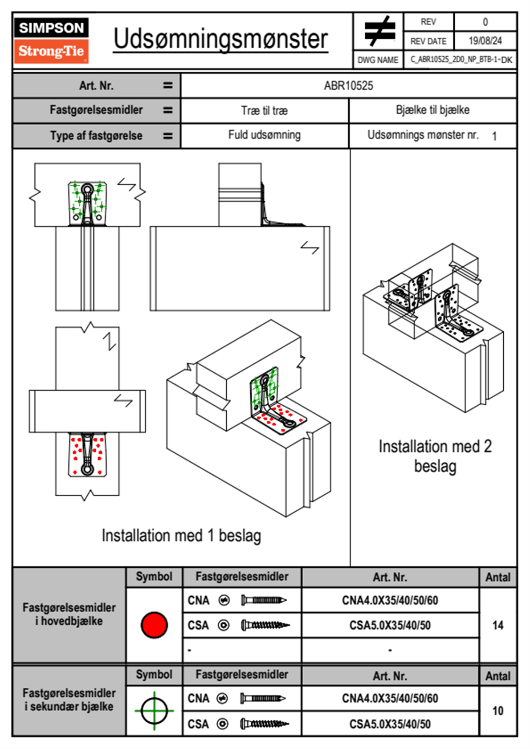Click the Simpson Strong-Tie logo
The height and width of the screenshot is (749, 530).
pyautogui.click(x=51, y=41)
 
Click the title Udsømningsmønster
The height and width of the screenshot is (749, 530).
pyautogui.click(x=220, y=39)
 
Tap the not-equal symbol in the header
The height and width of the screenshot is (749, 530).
pyautogui.click(x=379, y=31)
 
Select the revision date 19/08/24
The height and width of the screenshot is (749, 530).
pyautogui.click(x=485, y=41)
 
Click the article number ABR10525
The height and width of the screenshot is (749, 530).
pyautogui.click(x=348, y=85)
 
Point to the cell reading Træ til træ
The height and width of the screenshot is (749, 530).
pyautogui.click(x=264, y=110)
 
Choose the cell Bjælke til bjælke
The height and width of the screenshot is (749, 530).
pyautogui.click(x=432, y=110)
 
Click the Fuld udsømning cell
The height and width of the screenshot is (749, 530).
pyautogui.click(x=264, y=135)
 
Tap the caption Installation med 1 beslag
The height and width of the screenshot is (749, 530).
pyautogui.click(x=181, y=535)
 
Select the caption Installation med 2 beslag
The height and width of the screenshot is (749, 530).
pyautogui.click(x=435, y=456)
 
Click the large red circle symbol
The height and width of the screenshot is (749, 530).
pyautogui.click(x=154, y=625)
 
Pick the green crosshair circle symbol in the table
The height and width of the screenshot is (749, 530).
pyautogui.click(x=154, y=710)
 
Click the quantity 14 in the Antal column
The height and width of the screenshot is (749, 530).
pyautogui.click(x=497, y=625)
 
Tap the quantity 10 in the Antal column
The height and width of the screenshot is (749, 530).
pyautogui.click(x=497, y=710)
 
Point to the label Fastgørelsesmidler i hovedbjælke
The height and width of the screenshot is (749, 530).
pyautogui.click(x=69, y=614)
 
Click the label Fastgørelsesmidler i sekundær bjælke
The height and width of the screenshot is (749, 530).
pyautogui.click(x=69, y=700)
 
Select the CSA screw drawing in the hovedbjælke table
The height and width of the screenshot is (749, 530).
pyautogui.click(x=265, y=626)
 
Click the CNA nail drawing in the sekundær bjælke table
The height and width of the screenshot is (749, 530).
pyautogui.click(x=263, y=698)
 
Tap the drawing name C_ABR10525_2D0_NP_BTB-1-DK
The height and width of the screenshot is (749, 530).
pyautogui.click(x=461, y=60)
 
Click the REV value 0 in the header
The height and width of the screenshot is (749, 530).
pyautogui.click(x=485, y=22)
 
